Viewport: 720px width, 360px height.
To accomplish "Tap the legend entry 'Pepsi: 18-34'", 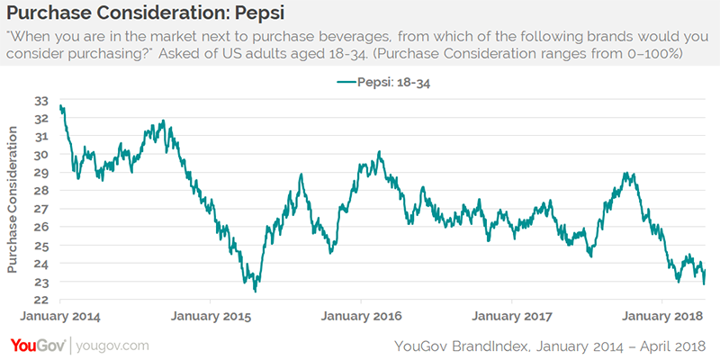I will pos(388,84).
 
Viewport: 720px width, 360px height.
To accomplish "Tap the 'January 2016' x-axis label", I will pos(360,317).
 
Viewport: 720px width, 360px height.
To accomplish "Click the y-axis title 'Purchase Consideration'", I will pos(13,200).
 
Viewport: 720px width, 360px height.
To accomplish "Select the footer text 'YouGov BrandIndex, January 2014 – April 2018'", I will pos(551,346).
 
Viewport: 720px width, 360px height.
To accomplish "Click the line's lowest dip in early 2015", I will pos(256,291).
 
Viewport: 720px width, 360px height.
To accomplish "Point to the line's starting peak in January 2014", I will pos(60,106).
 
